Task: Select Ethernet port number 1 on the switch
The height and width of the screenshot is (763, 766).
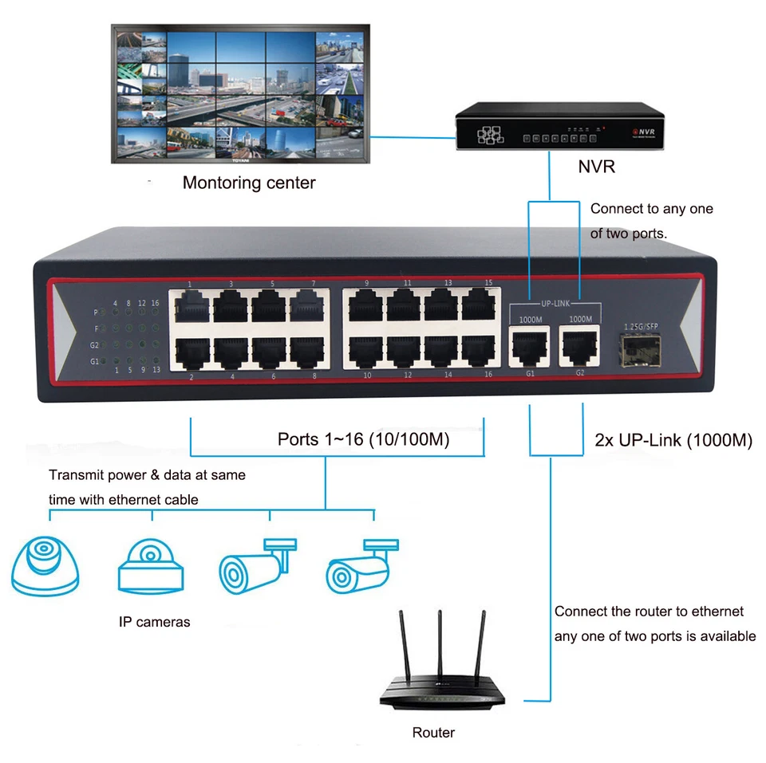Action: click(191, 306)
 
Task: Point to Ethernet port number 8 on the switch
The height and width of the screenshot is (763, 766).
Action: click(309, 351)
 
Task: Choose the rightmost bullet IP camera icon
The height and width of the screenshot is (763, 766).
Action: click(359, 567)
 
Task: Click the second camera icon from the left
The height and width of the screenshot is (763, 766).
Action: click(151, 567)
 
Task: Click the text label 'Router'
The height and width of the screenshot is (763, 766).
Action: click(433, 733)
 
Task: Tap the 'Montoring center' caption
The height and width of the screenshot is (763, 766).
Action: click(249, 183)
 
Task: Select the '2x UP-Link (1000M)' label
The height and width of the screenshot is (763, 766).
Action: click(673, 440)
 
